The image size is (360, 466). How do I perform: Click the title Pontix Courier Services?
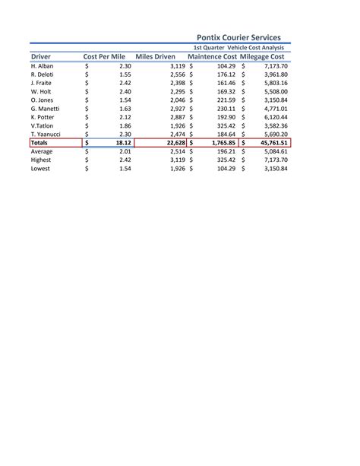pyautogui.click(x=238, y=36)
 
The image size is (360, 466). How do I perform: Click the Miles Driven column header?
pyautogui.click(x=155, y=57)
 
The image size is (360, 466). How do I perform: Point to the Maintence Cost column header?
pyautogui.click(x=212, y=57)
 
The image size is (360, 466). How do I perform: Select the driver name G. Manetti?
pyautogui.click(x=46, y=109)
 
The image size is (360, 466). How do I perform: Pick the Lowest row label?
pyautogui.click(x=41, y=169)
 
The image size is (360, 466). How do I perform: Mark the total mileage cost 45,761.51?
pyautogui.click(x=270, y=142)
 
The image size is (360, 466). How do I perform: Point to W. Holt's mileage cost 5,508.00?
pyautogui.click(x=276, y=92)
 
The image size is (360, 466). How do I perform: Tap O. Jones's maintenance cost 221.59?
pyautogui.click(x=226, y=100)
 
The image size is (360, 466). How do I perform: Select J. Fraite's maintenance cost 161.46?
pyautogui.click(x=226, y=84)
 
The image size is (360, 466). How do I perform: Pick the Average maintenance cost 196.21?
pyautogui.click(x=226, y=151)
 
